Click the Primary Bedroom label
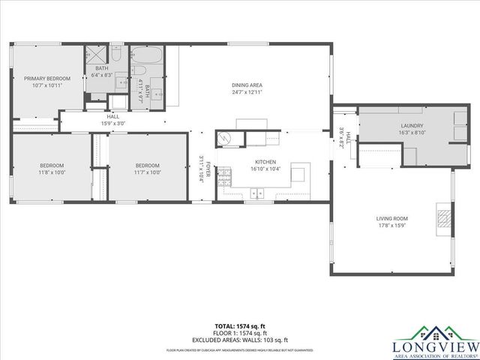click(46, 79)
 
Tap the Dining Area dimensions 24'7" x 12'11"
click(247, 93)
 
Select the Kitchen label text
click(265, 162)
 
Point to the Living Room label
click(392, 219)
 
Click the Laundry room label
click(412, 126)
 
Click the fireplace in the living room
click(444, 218)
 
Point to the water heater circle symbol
click(224, 138)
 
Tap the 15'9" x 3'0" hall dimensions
click(113, 124)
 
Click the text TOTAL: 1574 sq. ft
click(239, 325)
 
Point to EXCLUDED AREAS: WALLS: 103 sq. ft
click(239, 339)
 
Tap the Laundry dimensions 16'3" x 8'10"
click(412, 133)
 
